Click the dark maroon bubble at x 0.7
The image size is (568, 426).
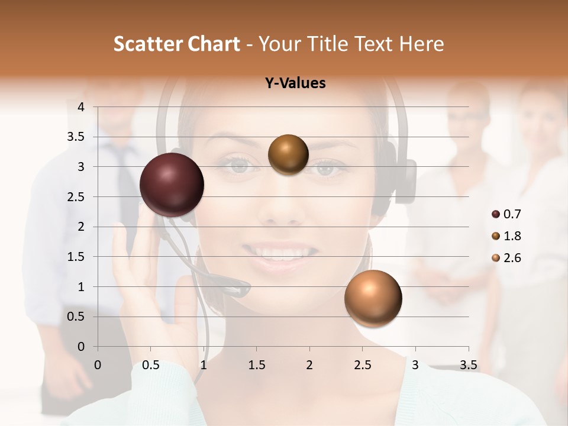(x=172, y=185)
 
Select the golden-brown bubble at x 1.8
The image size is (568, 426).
(x=288, y=154)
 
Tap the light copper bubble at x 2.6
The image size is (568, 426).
(x=373, y=298)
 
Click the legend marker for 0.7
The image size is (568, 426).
(x=496, y=214)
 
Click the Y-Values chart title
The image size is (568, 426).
(x=295, y=83)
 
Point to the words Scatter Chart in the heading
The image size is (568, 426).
(x=176, y=44)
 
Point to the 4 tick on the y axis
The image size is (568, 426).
(x=81, y=107)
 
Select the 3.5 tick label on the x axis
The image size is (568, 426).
(x=468, y=365)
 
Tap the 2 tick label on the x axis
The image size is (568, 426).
(x=309, y=365)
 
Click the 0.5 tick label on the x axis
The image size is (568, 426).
(x=150, y=365)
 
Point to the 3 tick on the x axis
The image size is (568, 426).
(x=415, y=365)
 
